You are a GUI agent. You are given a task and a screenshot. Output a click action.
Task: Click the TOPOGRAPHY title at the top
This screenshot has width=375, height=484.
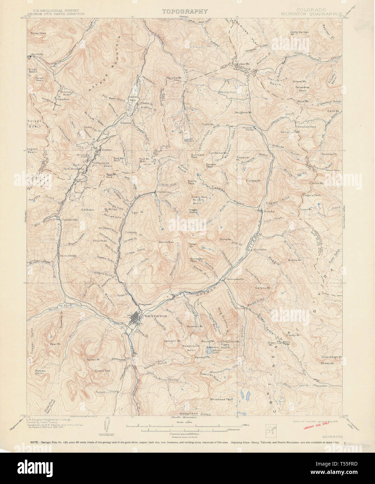coord(185,11)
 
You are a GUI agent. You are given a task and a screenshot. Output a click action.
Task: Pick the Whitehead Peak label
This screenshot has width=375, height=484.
coord(221,399)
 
